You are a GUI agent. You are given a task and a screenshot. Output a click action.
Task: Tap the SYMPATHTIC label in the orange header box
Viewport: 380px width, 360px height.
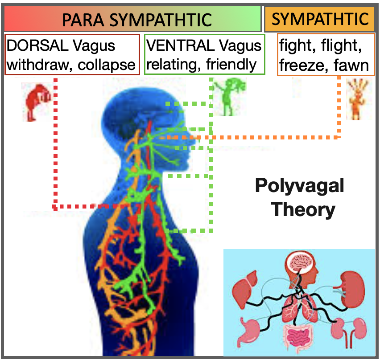tap(320, 19)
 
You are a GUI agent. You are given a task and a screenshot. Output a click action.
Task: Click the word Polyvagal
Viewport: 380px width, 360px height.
tap(299, 186)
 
